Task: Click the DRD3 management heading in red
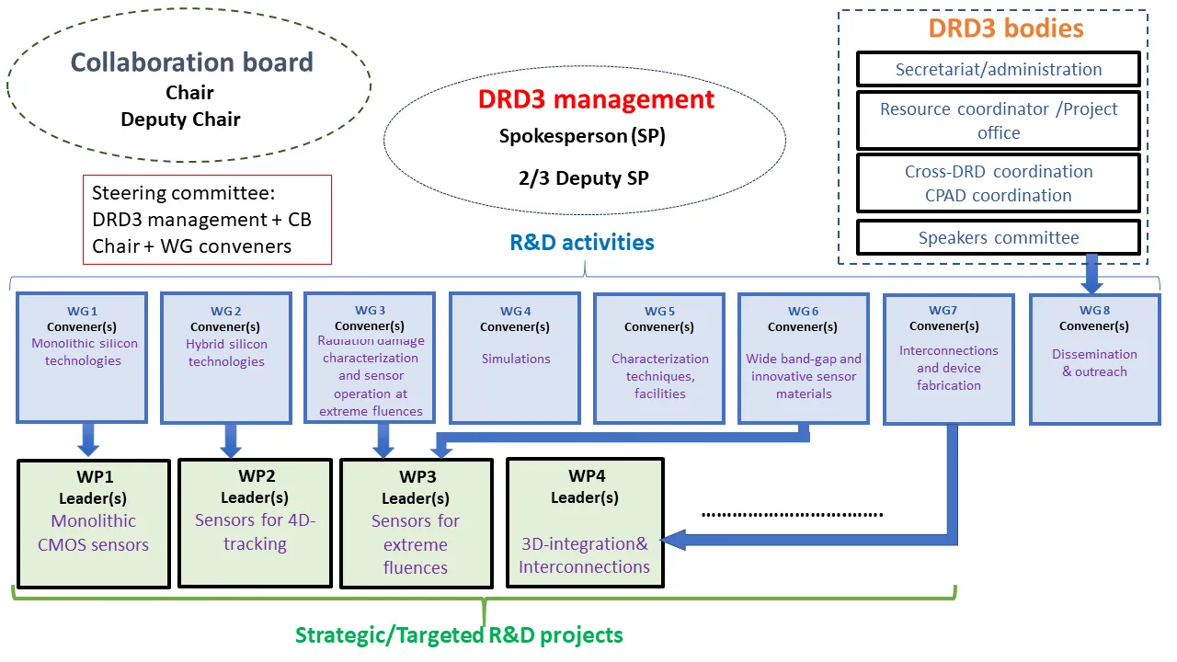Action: point(596,99)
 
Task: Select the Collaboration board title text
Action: point(192,63)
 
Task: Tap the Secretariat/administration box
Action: point(999,69)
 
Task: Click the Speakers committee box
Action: point(999,238)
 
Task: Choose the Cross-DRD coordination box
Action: point(999,183)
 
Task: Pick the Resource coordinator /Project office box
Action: point(999,120)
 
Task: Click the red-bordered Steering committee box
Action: point(207,220)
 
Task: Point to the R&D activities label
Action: point(582,243)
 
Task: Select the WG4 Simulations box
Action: point(515,357)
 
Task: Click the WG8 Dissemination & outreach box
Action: point(1094,359)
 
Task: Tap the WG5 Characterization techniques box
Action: point(659,357)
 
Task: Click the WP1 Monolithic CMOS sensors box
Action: point(94,523)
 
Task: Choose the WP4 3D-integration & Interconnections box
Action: point(584,523)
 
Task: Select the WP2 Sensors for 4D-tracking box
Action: point(255,523)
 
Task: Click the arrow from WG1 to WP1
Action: point(88,439)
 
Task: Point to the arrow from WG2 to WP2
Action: point(231,439)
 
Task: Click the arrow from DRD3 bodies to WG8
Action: point(1092,272)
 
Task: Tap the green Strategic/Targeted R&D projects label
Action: point(459,635)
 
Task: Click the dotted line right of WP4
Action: point(792,514)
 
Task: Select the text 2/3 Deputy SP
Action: point(582,178)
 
